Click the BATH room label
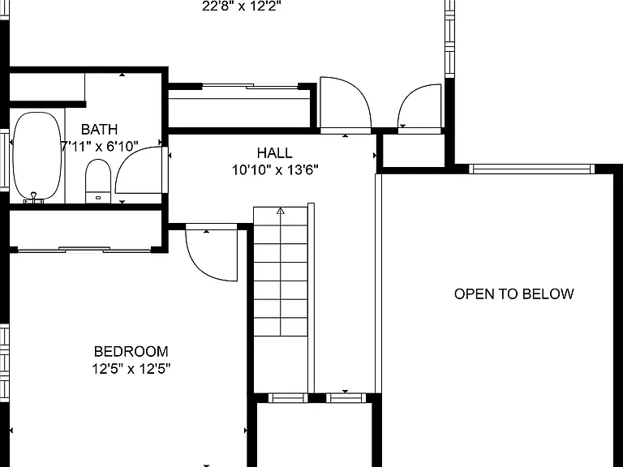click(x=99, y=130)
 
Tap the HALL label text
click(x=274, y=153)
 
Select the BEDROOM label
click(x=131, y=351)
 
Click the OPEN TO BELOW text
click(x=513, y=293)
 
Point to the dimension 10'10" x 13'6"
click(x=275, y=170)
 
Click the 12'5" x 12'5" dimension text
click(x=131, y=369)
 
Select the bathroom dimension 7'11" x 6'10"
click(x=99, y=146)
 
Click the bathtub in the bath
click(x=38, y=156)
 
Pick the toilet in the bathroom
click(x=98, y=181)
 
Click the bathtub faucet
click(x=34, y=197)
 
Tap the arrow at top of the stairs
click(x=281, y=211)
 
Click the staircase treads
click(x=281, y=272)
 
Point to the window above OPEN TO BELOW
click(x=532, y=169)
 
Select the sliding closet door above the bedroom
click(x=84, y=250)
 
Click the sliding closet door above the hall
click(x=250, y=86)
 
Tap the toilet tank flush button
click(x=98, y=197)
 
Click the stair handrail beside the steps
click(x=311, y=298)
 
